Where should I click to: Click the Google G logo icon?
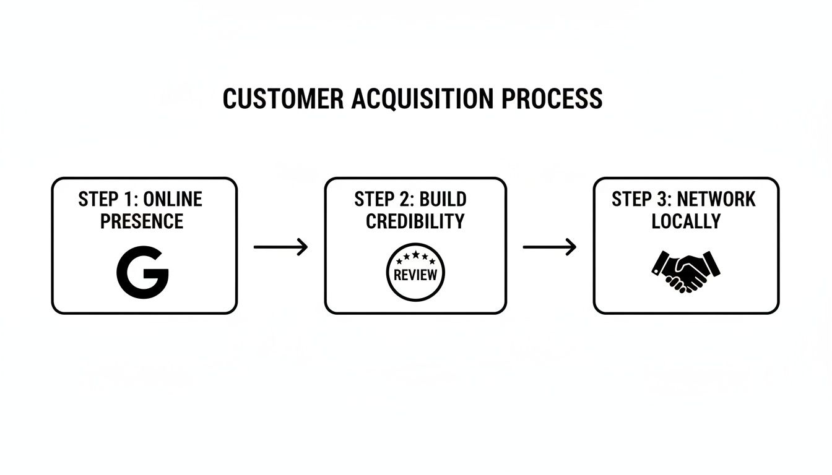coord(142,273)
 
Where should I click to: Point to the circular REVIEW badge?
coord(415,272)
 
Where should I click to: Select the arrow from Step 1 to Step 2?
coord(280,247)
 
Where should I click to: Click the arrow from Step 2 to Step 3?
coord(549,247)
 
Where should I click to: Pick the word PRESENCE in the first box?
coord(142,221)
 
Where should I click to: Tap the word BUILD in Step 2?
coord(443,199)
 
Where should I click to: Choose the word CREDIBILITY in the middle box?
coord(415,221)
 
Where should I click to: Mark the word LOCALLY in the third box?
coord(686,221)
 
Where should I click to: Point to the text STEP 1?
coord(108,199)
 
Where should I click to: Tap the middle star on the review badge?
coord(415,254)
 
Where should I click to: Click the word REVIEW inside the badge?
coord(415,275)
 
